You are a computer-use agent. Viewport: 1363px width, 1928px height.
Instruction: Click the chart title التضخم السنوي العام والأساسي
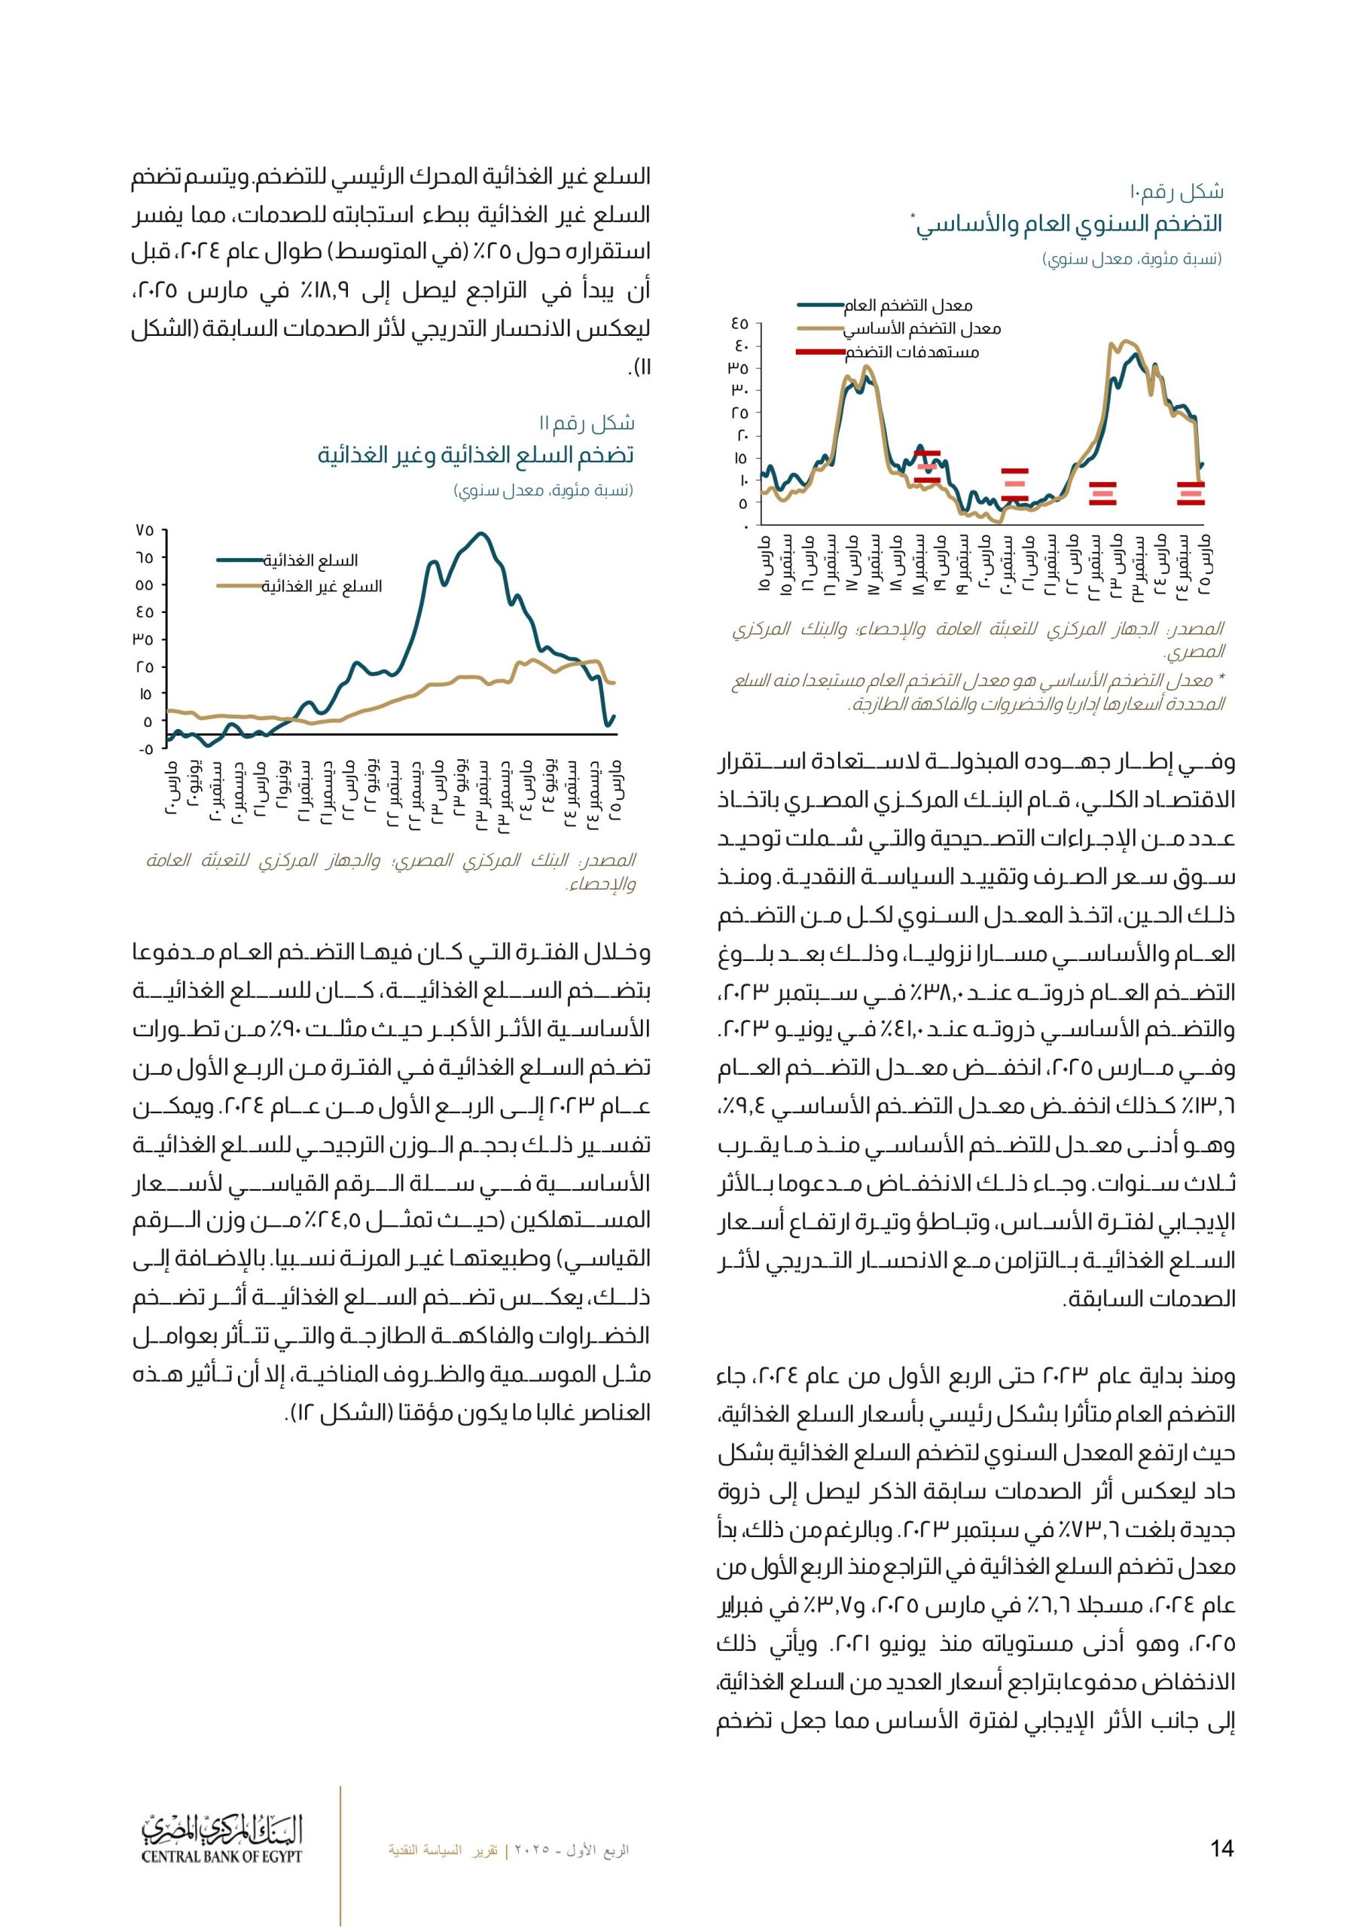coord(1069,224)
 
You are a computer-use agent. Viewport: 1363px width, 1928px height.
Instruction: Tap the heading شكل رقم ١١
coord(587,423)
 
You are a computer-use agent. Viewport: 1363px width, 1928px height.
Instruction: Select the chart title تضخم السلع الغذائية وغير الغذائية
coord(475,455)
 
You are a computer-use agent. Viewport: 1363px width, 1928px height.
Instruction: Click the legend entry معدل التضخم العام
coord(924,305)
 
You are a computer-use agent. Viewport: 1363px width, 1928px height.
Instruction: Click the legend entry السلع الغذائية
coord(310,560)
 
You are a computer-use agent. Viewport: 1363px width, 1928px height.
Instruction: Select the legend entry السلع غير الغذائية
coord(322,586)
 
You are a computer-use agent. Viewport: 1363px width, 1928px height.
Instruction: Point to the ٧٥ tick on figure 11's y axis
coord(144,530)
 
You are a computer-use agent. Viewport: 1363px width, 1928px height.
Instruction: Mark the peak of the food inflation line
coord(480,533)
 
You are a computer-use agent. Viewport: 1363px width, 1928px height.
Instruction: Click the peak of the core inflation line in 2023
coord(1128,341)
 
